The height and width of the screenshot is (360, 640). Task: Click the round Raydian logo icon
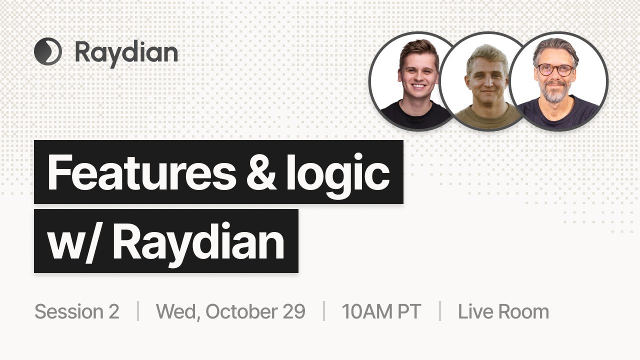(x=48, y=52)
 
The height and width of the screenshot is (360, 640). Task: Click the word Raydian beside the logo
(x=126, y=52)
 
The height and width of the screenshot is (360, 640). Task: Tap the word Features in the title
(x=140, y=172)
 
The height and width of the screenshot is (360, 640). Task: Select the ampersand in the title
(x=260, y=172)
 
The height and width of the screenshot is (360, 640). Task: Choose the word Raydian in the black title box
(x=198, y=241)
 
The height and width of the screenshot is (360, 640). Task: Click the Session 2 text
(x=77, y=311)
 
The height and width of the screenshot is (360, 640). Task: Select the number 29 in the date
(x=293, y=311)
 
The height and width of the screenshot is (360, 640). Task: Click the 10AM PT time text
(x=381, y=311)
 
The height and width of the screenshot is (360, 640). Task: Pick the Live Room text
(x=503, y=311)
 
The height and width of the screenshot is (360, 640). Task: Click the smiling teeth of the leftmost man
(x=418, y=86)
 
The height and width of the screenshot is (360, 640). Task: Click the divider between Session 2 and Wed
(x=138, y=311)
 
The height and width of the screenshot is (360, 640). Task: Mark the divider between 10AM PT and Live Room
(x=440, y=311)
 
